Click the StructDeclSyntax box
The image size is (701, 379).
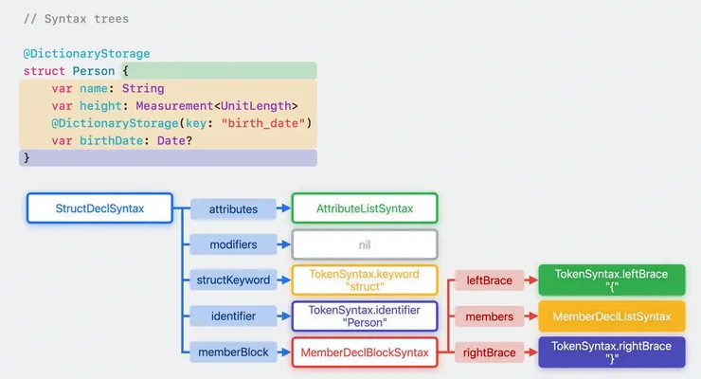click(x=99, y=208)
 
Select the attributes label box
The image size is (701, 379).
click(x=233, y=208)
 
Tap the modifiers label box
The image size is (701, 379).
click(x=233, y=244)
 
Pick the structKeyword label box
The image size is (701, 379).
click(x=233, y=280)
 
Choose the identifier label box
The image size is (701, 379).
click(x=233, y=316)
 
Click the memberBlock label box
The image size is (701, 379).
click(x=233, y=352)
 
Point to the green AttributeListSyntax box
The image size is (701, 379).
click(x=364, y=208)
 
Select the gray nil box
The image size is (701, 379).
click(x=364, y=244)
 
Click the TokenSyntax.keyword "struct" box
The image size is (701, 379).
click(x=364, y=280)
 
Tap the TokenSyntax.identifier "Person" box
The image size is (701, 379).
click(x=364, y=316)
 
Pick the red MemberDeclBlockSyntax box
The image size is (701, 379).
click(x=364, y=352)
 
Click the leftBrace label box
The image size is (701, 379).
click(x=490, y=280)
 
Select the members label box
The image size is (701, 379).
click(x=490, y=316)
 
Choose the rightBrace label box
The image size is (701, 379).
click(x=490, y=352)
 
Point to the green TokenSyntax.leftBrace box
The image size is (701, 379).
click(x=611, y=280)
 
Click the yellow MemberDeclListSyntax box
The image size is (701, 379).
click(x=611, y=316)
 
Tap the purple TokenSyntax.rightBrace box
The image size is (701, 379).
click(x=611, y=352)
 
